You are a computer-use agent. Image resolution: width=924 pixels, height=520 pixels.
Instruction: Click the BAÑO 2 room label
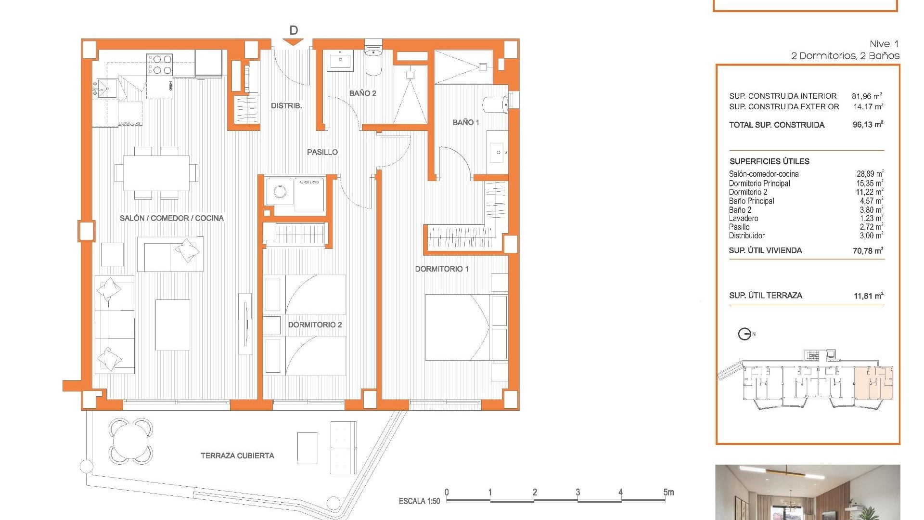click(362, 93)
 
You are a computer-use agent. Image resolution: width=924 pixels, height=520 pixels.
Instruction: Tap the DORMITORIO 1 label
click(441, 269)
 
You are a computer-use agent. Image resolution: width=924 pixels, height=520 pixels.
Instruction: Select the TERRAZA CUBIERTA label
click(237, 455)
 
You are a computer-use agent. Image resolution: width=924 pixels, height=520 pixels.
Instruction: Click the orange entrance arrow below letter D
click(293, 42)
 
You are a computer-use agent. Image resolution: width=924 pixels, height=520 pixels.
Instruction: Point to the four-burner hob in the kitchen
click(160, 65)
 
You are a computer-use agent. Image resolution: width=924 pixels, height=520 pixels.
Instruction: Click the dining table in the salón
click(156, 173)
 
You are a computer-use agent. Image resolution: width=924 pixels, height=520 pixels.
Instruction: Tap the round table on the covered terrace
click(131, 441)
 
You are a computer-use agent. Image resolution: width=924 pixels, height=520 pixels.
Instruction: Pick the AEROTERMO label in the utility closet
click(308, 182)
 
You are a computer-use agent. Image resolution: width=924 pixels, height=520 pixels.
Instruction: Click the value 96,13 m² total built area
click(868, 125)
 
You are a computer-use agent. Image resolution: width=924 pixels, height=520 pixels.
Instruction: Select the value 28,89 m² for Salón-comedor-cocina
click(869, 174)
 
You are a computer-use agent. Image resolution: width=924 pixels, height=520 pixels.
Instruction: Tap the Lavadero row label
click(743, 219)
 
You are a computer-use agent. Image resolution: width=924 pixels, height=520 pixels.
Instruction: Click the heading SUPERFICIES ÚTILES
click(769, 161)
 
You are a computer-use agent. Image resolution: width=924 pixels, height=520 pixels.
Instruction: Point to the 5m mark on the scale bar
click(668, 493)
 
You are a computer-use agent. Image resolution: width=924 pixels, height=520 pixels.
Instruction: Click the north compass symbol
click(744, 334)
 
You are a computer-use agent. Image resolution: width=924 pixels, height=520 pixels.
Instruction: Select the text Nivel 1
click(884, 44)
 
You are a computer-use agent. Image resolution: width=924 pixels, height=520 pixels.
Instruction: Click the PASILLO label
click(322, 152)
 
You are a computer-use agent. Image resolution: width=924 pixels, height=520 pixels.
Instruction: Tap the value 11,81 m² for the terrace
click(868, 296)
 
